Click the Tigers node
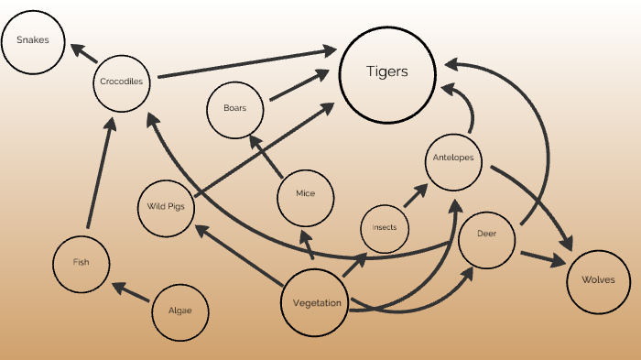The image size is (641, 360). click(386, 72)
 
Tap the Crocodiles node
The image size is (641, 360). click(123, 82)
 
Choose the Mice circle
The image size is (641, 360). click(305, 195)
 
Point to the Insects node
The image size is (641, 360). click(385, 227)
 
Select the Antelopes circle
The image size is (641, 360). click(453, 158)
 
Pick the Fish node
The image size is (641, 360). click(81, 263)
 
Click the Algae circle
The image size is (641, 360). click(180, 311)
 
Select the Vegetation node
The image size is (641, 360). click(317, 303)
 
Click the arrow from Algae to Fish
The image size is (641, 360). click(131, 292)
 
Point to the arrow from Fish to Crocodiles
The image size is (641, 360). click(100, 174)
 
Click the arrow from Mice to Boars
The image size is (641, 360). click(266, 157)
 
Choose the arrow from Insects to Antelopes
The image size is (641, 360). click(417, 195)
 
